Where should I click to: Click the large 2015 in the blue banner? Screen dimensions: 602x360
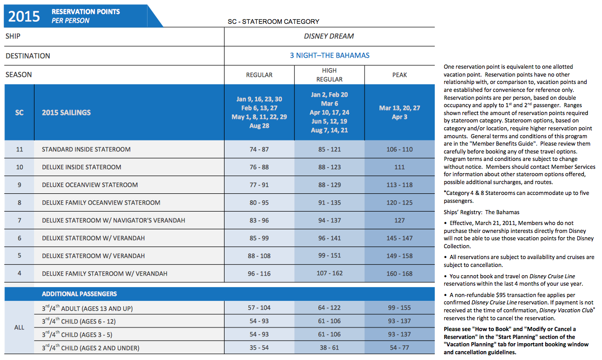coord(24,16)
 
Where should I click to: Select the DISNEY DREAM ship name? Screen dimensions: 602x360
coord(329,36)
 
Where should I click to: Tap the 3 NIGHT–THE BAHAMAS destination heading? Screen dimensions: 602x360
coord(330,55)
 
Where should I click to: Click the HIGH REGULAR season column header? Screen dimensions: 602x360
coord(329,74)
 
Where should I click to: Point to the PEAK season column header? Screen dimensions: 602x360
coord(399,74)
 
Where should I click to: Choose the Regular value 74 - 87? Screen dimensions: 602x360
coord(259,149)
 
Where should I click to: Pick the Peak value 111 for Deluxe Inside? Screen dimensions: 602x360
coord(399,167)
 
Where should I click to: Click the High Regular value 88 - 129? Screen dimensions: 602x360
coord(330,185)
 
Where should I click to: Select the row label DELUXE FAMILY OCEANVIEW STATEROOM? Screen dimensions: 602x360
coord(101,203)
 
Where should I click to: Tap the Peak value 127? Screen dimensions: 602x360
coord(399,220)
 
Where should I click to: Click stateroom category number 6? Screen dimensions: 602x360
coord(19,238)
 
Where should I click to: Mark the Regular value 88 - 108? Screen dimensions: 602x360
coord(259,256)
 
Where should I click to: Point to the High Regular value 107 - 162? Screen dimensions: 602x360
coord(330,273)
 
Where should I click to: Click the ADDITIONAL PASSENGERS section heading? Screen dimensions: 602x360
coord(79,294)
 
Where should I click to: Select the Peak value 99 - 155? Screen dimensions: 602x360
coord(399,308)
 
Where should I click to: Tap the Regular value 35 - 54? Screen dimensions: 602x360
coord(259,348)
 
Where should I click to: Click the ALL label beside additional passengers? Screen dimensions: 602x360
coord(19,327)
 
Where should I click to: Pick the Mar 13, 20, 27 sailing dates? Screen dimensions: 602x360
coord(399,108)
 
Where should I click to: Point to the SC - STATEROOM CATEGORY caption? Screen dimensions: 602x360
coord(273,22)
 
